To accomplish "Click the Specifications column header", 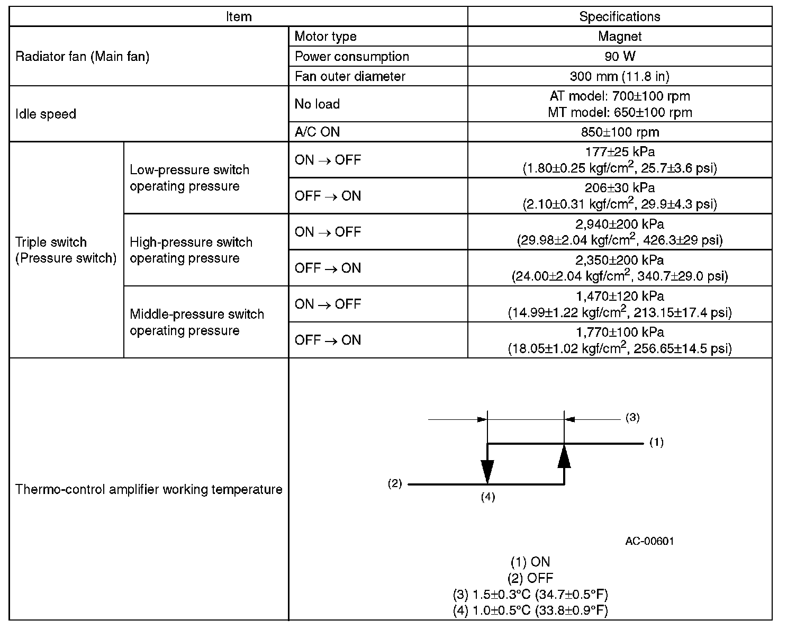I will (619, 16).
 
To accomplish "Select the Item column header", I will (239, 16).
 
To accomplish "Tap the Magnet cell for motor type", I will (619, 37).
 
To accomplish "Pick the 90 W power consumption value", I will (619, 56).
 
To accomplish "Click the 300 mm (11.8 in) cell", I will (619, 76).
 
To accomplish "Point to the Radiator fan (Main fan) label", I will (83, 56).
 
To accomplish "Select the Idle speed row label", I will (46, 114).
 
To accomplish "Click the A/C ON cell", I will (317, 132).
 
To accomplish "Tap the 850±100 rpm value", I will (619, 132).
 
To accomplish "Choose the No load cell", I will (317, 104).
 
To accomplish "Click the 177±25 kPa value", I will (619, 152).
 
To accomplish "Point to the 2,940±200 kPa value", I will (619, 224).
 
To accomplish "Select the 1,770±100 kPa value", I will (619, 333).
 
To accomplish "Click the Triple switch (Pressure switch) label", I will (66, 250).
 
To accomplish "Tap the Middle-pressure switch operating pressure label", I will (197, 322).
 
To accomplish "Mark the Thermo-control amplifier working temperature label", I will (149, 489).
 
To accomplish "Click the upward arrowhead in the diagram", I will (564, 456).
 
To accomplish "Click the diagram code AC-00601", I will (649, 541).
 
